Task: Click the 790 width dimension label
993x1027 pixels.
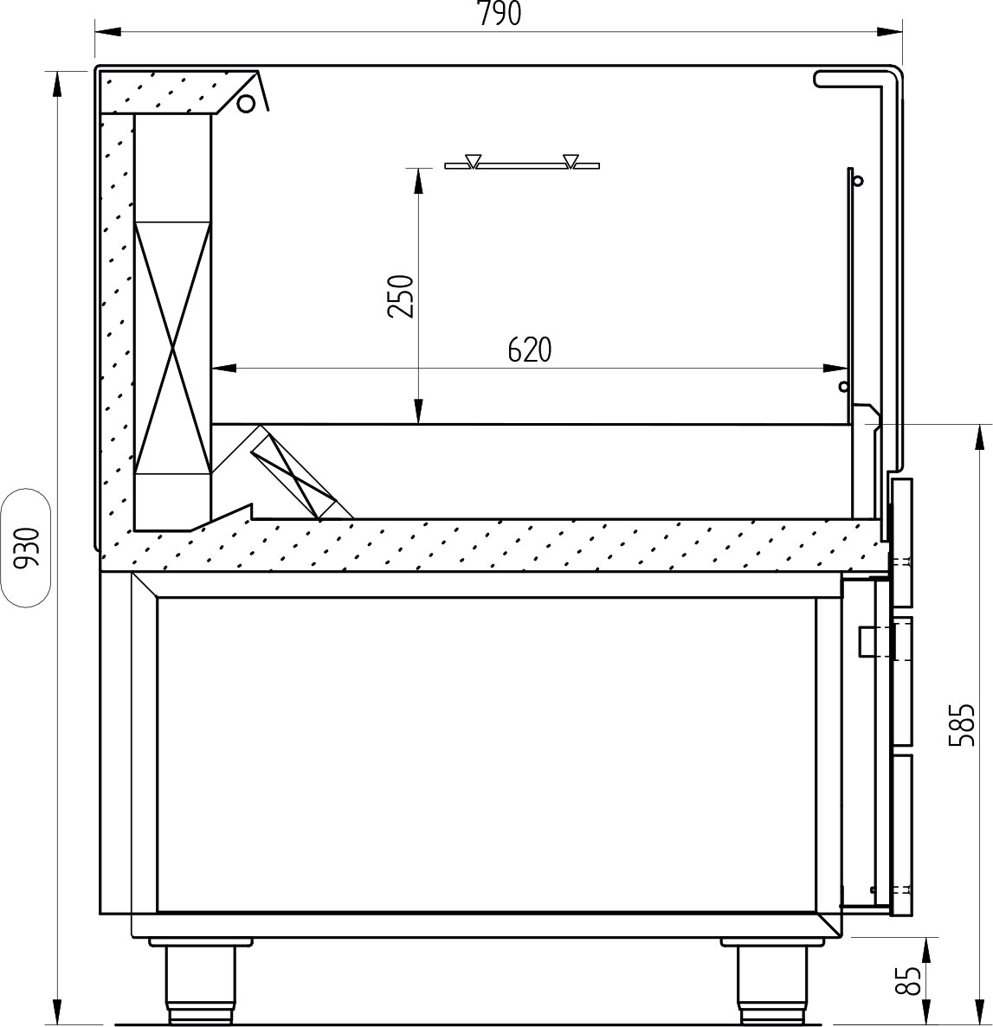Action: click(x=500, y=14)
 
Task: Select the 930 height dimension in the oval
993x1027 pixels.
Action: click(x=29, y=548)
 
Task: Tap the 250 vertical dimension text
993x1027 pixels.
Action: click(x=401, y=296)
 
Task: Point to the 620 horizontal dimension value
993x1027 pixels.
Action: click(x=530, y=350)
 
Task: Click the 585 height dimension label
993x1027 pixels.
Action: click(x=962, y=725)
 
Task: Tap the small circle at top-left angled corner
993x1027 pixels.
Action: click(x=246, y=104)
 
